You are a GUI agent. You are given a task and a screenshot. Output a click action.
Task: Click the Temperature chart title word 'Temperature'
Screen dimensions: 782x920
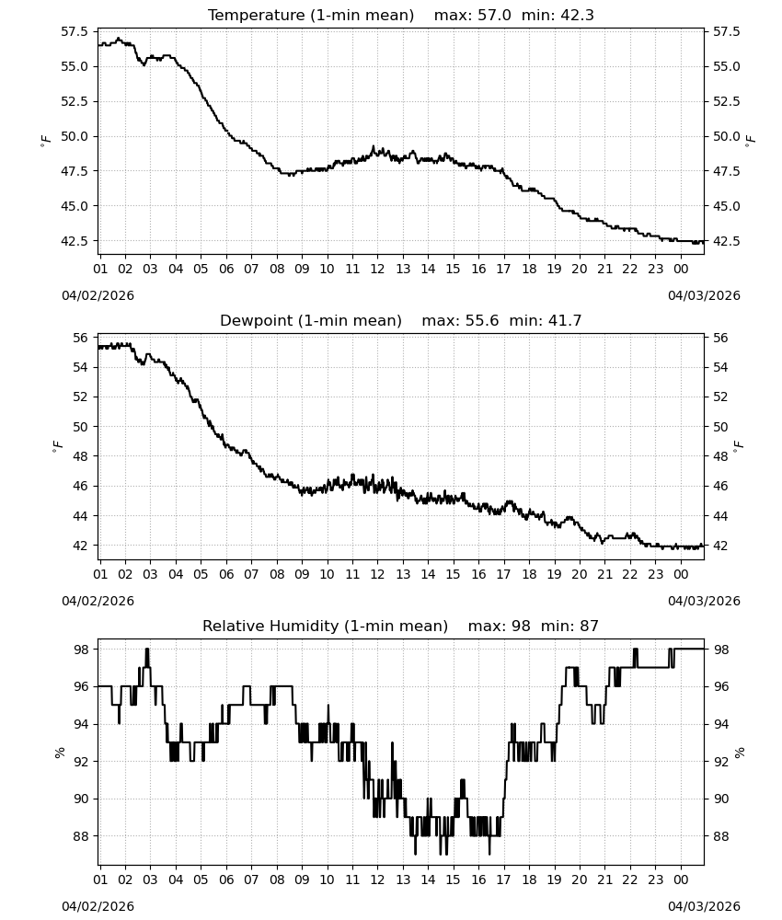(256, 16)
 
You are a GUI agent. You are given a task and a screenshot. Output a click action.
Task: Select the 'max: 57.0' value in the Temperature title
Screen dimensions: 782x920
(472, 16)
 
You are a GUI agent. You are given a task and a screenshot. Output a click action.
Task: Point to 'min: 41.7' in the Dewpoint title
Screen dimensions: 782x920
(545, 320)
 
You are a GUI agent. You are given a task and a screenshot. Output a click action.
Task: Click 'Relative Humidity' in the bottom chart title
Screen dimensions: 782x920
(270, 626)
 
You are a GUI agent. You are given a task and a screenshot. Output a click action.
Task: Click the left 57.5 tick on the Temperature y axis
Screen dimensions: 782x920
(75, 31)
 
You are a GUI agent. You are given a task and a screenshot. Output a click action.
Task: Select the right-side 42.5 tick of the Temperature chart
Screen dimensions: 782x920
(726, 241)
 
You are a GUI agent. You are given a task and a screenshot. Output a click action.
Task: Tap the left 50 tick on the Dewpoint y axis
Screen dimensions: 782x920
(80, 427)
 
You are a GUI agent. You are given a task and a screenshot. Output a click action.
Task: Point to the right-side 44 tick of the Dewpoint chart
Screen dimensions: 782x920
(720, 516)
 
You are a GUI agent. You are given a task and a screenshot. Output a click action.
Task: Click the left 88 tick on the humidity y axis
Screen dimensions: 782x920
(80, 836)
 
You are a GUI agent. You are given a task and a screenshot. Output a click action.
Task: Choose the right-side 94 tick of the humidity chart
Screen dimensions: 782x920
(720, 725)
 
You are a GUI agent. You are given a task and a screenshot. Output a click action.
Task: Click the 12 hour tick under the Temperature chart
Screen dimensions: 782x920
(377, 269)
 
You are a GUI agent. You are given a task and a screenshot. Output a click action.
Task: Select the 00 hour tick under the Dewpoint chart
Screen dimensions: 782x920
(681, 574)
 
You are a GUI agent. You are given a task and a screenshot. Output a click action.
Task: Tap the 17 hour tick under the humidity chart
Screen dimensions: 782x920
(503, 880)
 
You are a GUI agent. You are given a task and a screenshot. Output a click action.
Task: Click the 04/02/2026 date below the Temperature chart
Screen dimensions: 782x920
(98, 295)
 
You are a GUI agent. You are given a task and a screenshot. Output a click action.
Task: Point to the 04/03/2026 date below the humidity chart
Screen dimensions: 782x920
(704, 906)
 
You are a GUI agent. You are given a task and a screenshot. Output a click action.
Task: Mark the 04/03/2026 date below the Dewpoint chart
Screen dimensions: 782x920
(704, 601)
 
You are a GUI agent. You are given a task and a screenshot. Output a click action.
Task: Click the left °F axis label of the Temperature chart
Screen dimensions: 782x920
(46, 140)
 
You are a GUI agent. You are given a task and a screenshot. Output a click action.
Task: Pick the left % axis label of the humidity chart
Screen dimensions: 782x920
(59, 753)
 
